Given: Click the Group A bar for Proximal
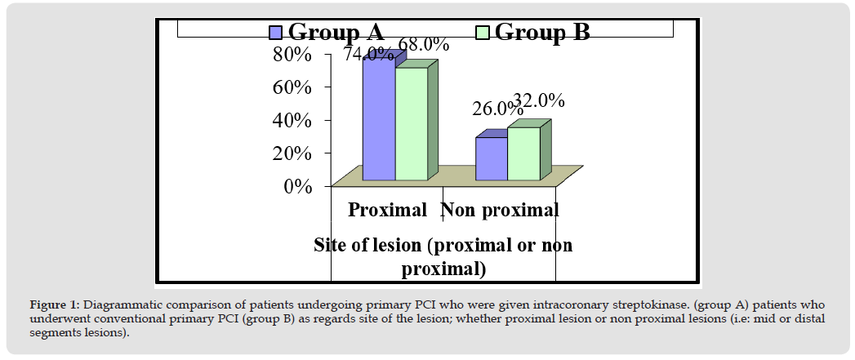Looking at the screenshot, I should coord(379,119).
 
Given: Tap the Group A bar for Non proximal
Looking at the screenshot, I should coord(491,158).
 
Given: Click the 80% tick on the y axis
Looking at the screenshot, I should coord(292,55).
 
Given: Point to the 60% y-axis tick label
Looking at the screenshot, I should coord(292,87).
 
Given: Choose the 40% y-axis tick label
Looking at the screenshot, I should coord(292,120).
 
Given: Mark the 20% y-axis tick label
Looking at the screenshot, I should coord(292,153).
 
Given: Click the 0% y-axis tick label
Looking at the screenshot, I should coord(299,186).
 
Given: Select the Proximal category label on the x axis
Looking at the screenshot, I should coord(387,210).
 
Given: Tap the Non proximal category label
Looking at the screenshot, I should coord(500,210).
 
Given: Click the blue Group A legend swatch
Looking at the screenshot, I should coord(276,32).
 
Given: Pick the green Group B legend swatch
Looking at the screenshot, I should coord(483,32).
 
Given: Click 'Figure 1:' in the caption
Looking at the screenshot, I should coord(55,304).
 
